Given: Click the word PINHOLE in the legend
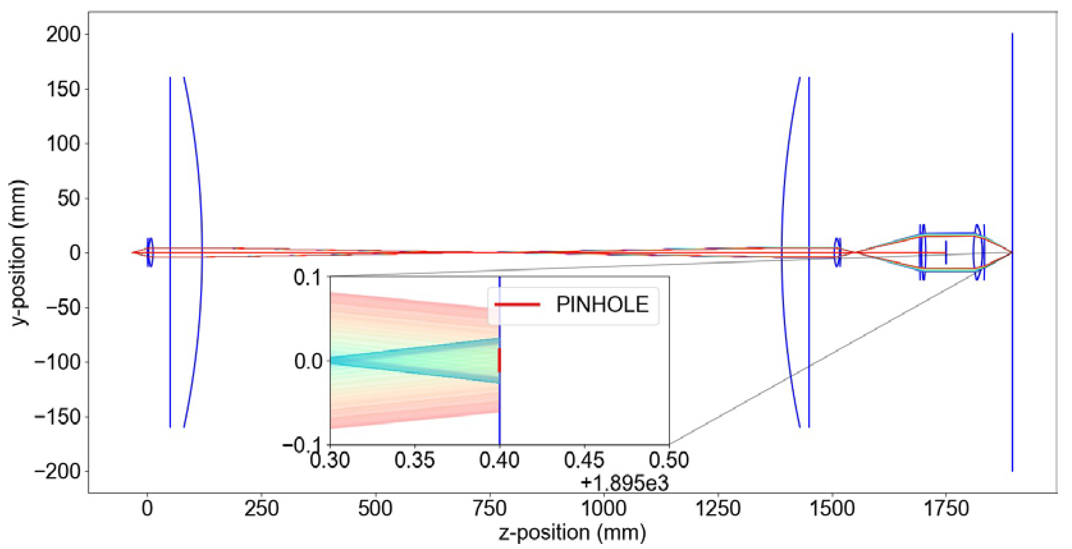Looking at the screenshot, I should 602,304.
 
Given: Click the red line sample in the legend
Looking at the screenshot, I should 517,304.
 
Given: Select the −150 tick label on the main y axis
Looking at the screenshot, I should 57,417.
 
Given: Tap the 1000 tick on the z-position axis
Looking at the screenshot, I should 603,508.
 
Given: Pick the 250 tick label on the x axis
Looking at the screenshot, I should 261,508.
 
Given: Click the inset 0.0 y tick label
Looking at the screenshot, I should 308,361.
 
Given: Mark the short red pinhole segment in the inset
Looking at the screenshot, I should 499,360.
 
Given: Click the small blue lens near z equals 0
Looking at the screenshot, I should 150,253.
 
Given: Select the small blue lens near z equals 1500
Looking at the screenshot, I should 837,253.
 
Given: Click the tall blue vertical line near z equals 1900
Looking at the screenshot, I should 1012,166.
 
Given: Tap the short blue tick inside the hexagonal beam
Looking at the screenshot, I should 946,253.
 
